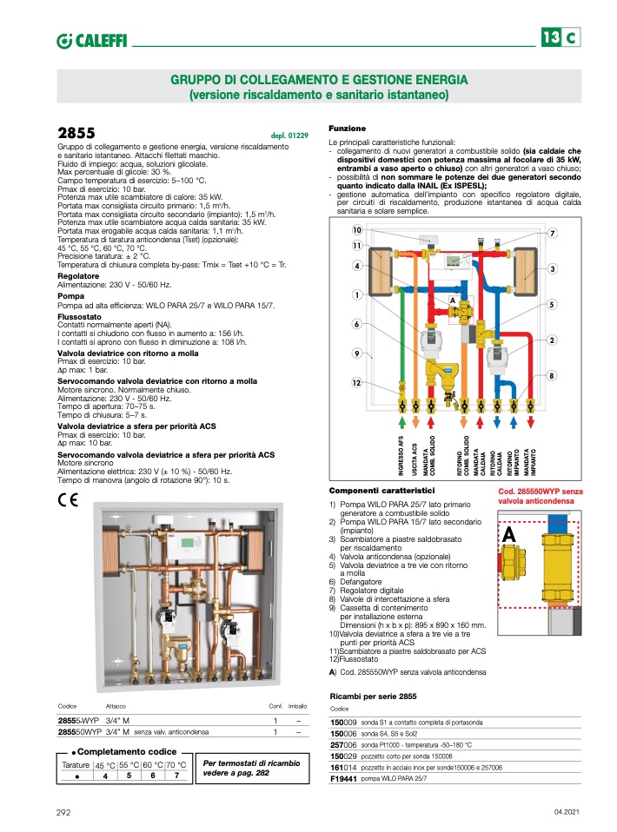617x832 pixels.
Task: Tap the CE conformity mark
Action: point(68,499)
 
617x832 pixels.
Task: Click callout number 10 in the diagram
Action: point(357,230)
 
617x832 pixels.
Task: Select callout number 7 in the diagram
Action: point(552,234)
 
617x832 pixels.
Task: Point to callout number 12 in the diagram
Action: point(357,384)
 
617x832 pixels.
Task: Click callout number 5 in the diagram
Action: point(552,305)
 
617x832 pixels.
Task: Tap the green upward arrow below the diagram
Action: point(401,422)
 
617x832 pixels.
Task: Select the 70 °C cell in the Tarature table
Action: point(176,765)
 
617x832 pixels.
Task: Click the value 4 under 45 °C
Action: point(104,776)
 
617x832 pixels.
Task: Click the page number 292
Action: point(63,811)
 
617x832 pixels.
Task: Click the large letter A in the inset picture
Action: point(510,536)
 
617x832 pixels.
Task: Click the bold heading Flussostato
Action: point(79,317)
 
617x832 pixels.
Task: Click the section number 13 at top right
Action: point(550,38)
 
